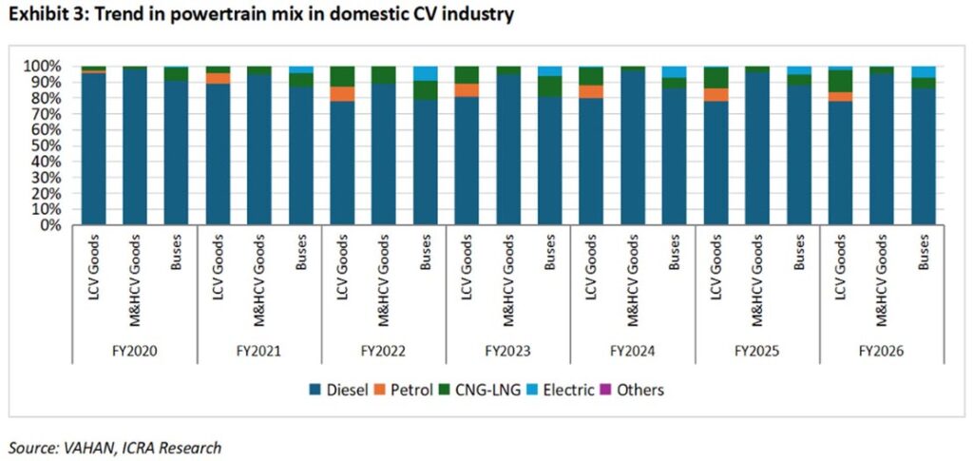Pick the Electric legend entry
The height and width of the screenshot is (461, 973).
[x=562, y=391]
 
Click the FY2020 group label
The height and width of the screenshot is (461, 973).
[x=135, y=351]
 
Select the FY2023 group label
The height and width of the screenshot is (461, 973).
[x=508, y=351]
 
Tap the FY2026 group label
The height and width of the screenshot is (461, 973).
[x=882, y=351]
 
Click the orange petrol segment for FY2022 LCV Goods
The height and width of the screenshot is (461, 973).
[x=342, y=94]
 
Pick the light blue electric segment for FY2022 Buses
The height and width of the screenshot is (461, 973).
[x=425, y=73]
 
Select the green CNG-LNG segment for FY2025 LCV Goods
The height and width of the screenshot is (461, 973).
[x=715, y=78]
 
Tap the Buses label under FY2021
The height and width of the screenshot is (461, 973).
[x=301, y=253]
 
